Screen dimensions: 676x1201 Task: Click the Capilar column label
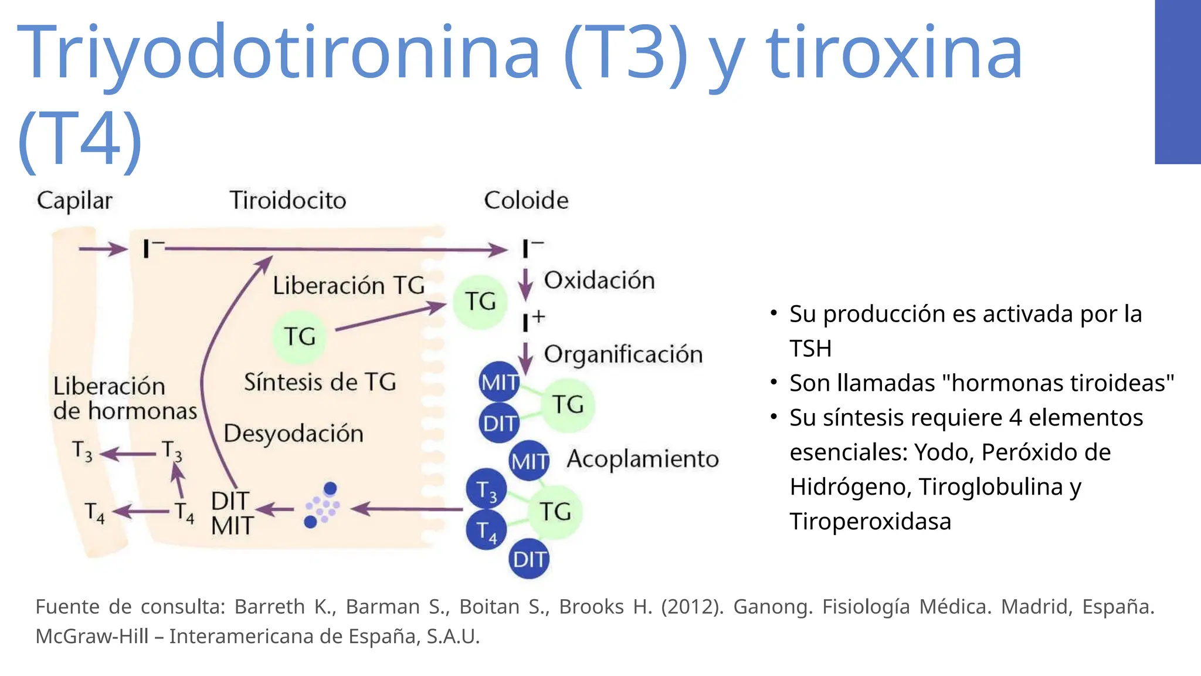click(x=74, y=201)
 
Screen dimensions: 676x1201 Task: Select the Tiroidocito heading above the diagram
click(x=287, y=200)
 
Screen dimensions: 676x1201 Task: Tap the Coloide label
click(x=526, y=200)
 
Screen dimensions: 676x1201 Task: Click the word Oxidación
click(x=599, y=280)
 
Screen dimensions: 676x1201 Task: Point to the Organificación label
click(x=623, y=354)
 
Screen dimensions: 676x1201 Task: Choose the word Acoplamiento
click(x=642, y=459)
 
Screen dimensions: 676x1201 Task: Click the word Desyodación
click(x=293, y=433)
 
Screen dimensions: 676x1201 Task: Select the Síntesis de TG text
click(x=320, y=382)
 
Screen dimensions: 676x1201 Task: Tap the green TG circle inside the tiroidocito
click(x=300, y=337)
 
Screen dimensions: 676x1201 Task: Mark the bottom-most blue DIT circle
click(x=529, y=559)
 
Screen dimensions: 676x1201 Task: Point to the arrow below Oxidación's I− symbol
click(x=525, y=284)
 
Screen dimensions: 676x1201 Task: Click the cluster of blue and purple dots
click(x=322, y=505)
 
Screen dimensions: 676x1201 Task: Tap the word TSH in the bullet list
click(x=810, y=349)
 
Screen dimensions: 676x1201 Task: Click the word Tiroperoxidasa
click(x=870, y=521)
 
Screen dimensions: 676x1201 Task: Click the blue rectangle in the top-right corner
click(x=1178, y=82)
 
